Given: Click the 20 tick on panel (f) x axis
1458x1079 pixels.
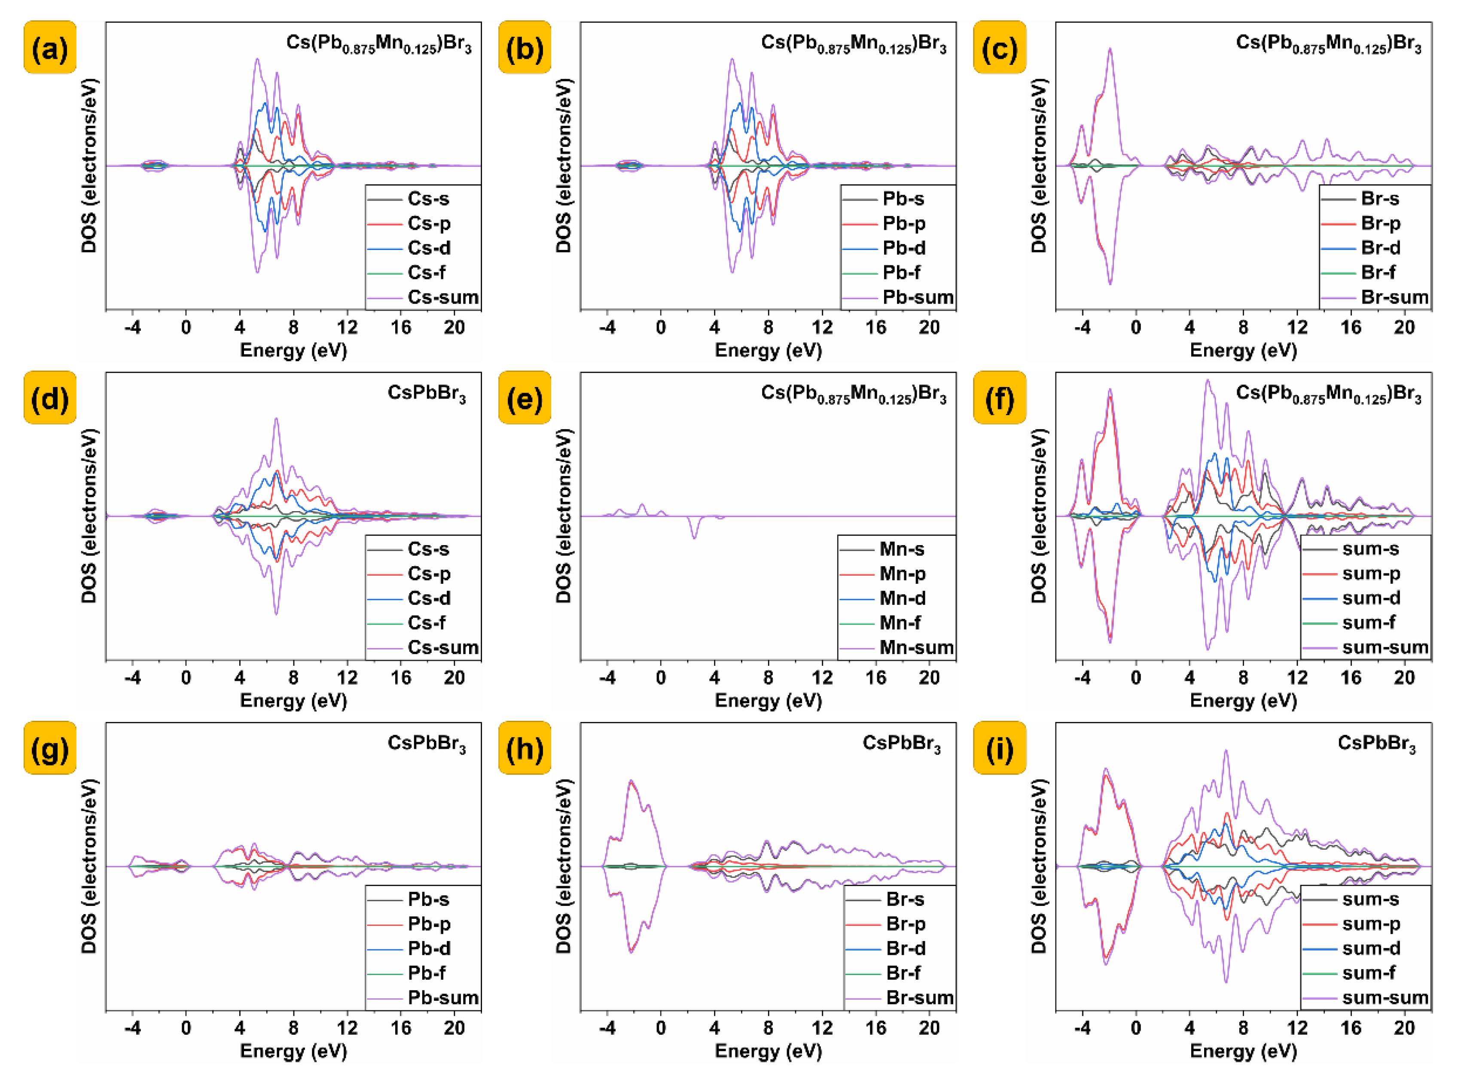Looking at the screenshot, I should [x=1404, y=678].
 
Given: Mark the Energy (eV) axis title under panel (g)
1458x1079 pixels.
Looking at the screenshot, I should [x=293, y=1051].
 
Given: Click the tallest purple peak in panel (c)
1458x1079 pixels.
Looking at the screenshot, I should [x=1110, y=50].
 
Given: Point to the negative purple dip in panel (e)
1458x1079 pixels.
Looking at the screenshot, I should [x=694, y=537].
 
